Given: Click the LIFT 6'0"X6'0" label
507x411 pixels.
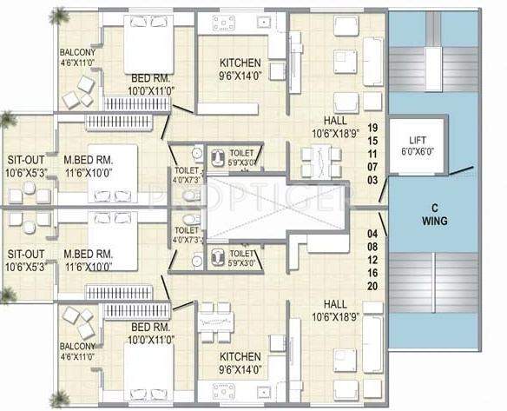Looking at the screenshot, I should (412, 145).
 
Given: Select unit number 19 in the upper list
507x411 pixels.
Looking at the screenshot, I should (374, 127).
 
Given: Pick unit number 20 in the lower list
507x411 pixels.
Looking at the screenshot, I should (374, 286).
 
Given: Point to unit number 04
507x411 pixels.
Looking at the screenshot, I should (374, 234).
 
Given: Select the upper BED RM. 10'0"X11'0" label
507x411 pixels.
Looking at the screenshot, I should (148, 84).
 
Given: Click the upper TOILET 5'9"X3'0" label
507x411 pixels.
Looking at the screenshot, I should (242, 156).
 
